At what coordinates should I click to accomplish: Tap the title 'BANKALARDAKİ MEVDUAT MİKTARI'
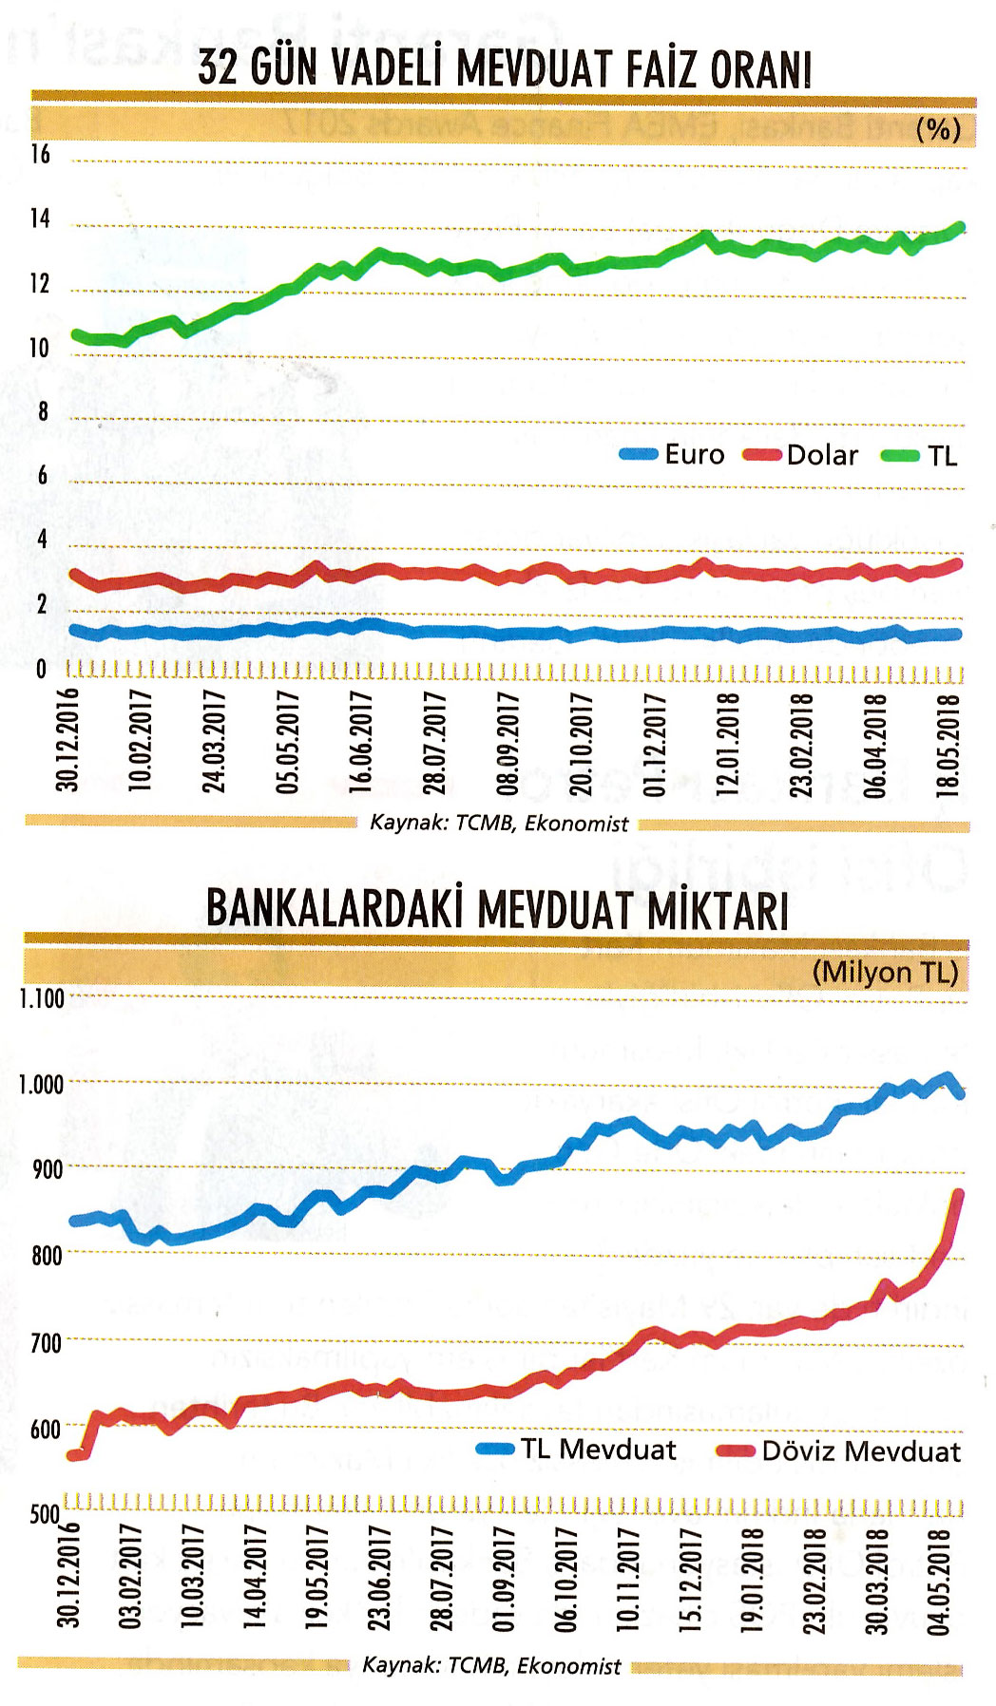coord(497,909)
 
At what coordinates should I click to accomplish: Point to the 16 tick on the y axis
coord(40,155)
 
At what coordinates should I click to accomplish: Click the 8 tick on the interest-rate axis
coord(43,412)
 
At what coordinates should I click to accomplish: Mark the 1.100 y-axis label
coord(42,998)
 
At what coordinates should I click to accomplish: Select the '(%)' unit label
coord(938,129)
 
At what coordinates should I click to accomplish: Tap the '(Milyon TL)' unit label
coord(885,973)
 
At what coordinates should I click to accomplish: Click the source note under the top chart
coord(499,824)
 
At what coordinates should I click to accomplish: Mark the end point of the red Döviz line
coord(958,1195)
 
